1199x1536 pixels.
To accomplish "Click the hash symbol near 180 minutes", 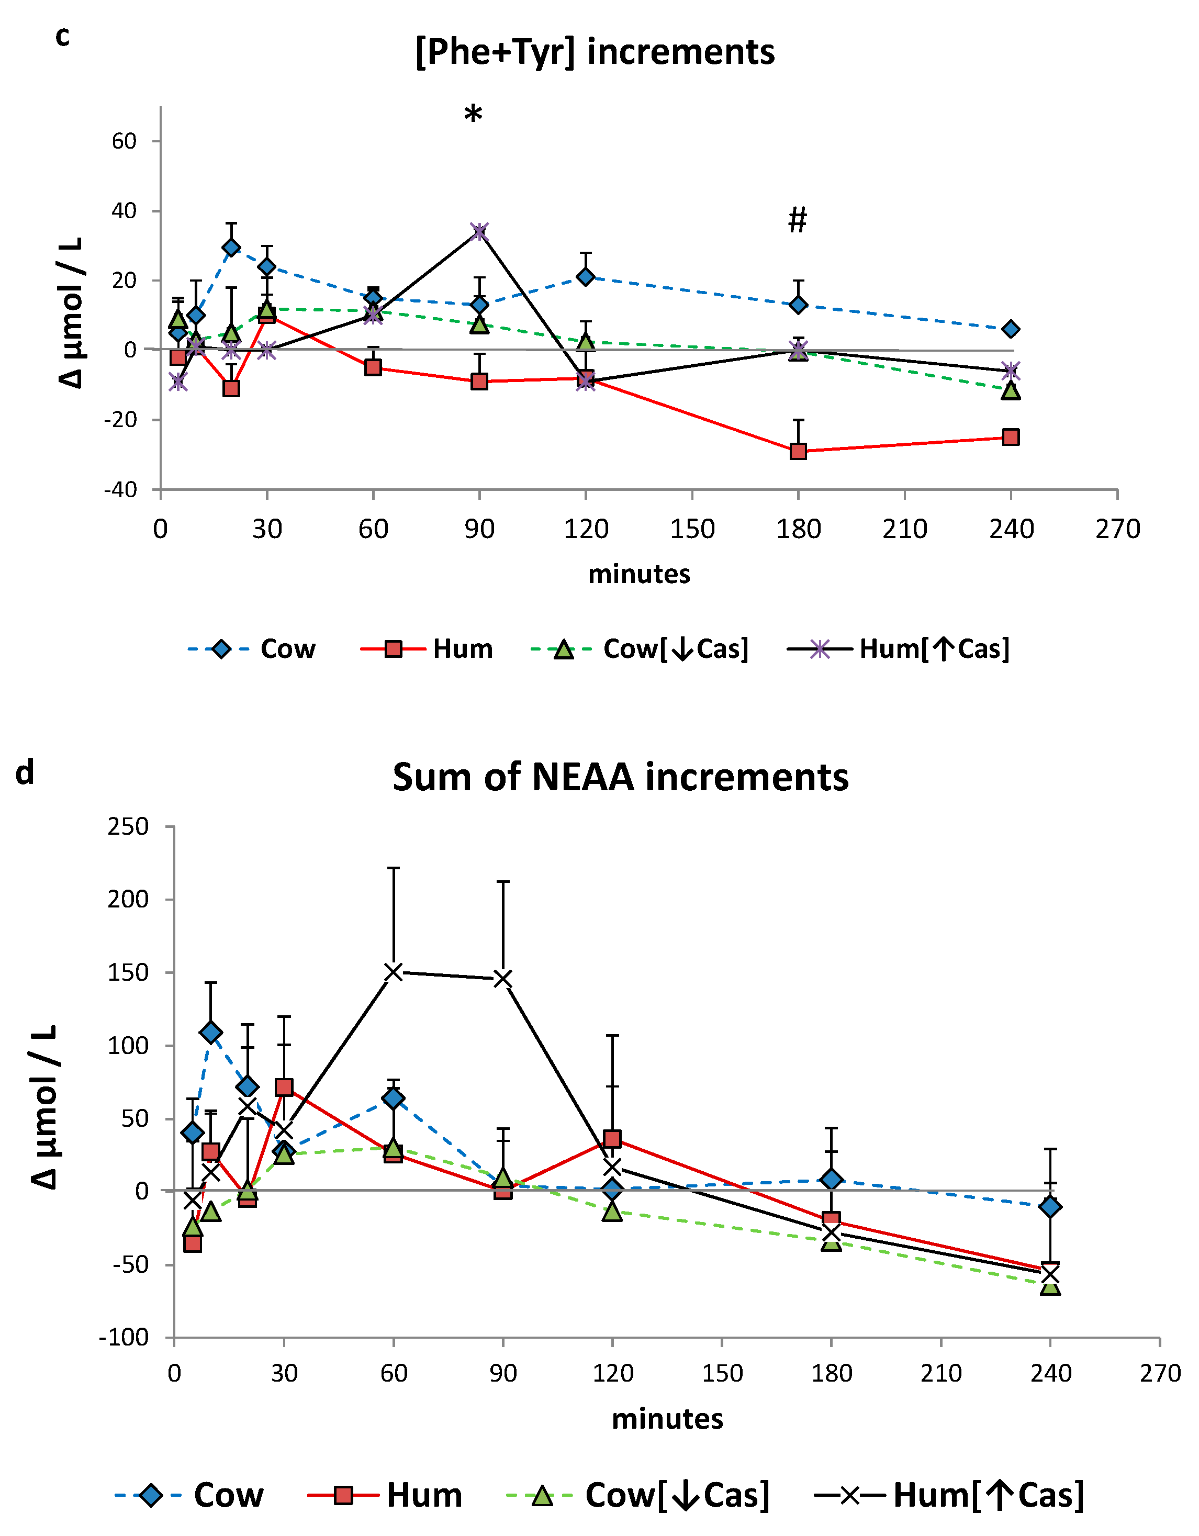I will click(x=798, y=220).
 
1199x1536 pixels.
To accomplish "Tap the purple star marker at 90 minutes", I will click(x=479, y=231).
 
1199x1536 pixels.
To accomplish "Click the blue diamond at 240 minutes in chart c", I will click(x=1011, y=329).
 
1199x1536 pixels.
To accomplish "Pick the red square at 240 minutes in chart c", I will click(x=1011, y=438).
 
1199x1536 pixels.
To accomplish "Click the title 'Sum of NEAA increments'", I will click(x=620, y=778).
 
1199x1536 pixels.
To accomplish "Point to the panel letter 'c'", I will click(x=63, y=37).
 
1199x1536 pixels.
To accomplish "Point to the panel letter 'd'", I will click(x=25, y=773).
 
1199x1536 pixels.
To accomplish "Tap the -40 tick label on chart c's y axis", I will click(x=120, y=490).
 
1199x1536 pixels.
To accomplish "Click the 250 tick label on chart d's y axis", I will click(x=128, y=826).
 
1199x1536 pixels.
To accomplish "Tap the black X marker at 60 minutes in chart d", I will click(x=393, y=972).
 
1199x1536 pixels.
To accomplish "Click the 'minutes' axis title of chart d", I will click(x=667, y=1419).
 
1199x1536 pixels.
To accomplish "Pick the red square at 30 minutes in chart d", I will click(x=284, y=1087).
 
